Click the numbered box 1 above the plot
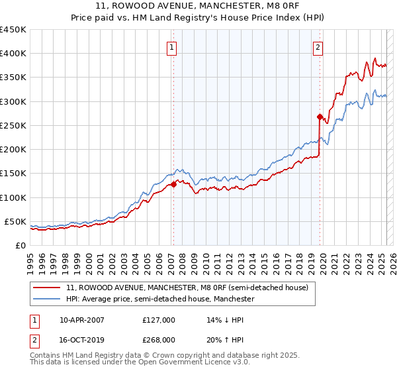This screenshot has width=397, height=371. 172,47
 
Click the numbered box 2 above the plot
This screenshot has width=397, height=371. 318,47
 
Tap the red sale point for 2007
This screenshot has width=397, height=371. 173,185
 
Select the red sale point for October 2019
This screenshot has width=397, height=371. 320,117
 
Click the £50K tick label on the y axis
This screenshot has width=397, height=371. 16,221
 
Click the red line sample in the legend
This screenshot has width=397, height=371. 48,288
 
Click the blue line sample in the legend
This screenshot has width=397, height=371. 48,299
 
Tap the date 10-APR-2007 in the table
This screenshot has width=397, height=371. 82,320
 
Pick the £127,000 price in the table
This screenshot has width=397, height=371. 158,320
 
